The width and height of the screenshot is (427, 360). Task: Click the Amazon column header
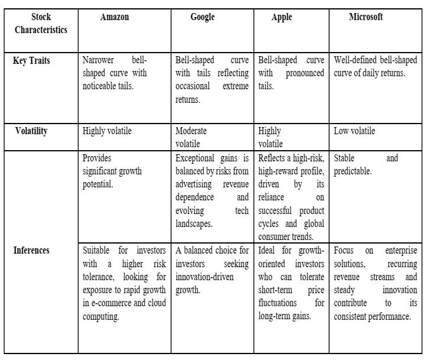pos(115,17)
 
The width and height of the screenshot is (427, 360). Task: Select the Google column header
pos(203,17)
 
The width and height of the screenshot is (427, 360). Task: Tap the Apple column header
pos(282,17)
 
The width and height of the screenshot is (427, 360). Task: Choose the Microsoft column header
pos(366,17)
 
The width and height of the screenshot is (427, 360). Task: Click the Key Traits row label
pos(31,61)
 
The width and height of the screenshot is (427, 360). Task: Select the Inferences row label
pos(31,250)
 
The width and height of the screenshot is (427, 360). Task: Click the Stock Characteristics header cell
pos(41,24)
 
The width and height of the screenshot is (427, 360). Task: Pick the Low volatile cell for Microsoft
pos(354,131)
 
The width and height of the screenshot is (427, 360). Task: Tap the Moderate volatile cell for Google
pos(191,137)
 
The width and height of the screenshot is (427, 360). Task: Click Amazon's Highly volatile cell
pos(107,131)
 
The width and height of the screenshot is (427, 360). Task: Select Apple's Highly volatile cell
pos(270,137)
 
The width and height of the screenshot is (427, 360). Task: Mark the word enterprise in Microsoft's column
pos(400,251)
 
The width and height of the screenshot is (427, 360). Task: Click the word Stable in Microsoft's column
pos(345,158)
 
